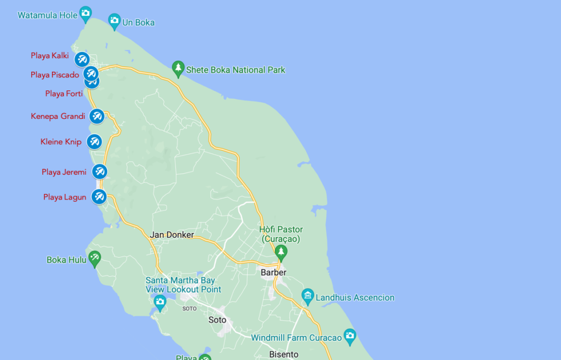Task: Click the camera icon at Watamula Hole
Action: pos(85,12)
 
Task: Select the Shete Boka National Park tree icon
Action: pos(178,68)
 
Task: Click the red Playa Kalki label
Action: pos(49,56)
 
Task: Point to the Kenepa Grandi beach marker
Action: pos(97,116)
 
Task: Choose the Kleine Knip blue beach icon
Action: pos(94,141)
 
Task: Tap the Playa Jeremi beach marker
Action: pos(99,172)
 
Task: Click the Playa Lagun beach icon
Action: pos(99,196)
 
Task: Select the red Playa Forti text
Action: pos(64,94)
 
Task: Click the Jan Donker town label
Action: pos(171,235)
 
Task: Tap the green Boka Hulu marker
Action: pos(95,258)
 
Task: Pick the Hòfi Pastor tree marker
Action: pos(281,252)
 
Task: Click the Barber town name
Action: pos(273,272)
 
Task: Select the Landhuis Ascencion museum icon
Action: pos(308,296)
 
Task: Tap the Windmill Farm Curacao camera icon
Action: pos(350,335)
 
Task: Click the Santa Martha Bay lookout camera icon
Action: pos(159,301)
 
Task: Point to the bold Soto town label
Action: pos(217,320)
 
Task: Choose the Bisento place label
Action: pos(284,355)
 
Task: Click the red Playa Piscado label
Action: pos(55,75)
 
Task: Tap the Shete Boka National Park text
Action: pos(236,70)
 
